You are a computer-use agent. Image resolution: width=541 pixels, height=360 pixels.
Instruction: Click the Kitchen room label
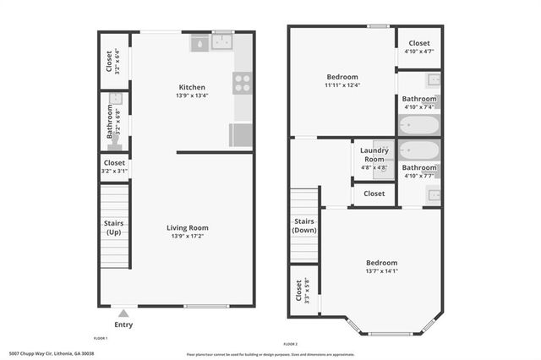point(192,87)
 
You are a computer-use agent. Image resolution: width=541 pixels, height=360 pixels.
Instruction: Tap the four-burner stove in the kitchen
point(242,82)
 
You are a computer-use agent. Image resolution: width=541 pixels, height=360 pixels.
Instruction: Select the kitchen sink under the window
point(224,42)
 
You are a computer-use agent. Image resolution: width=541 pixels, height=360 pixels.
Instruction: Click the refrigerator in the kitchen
point(240,135)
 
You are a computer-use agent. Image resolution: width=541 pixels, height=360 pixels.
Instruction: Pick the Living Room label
point(187,227)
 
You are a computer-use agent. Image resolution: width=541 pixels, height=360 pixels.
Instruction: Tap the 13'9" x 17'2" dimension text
point(187,237)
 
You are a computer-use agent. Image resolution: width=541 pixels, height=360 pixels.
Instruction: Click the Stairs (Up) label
point(113,227)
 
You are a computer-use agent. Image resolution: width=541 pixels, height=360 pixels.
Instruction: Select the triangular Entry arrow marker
point(123,313)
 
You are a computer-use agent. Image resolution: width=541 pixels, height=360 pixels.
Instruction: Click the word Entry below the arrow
point(123,325)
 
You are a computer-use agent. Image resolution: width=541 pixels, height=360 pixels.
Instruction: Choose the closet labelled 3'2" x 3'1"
point(114,166)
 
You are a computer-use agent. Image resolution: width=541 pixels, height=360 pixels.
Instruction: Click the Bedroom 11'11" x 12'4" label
point(342,80)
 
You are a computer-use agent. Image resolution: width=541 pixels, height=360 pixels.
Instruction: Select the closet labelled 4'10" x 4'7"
point(418,47)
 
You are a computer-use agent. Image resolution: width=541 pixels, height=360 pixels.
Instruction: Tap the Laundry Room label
point(374,155)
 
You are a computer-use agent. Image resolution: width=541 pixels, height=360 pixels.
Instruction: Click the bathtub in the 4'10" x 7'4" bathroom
point(418,126)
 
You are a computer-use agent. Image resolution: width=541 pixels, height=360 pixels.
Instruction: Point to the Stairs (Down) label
point(303,226)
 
